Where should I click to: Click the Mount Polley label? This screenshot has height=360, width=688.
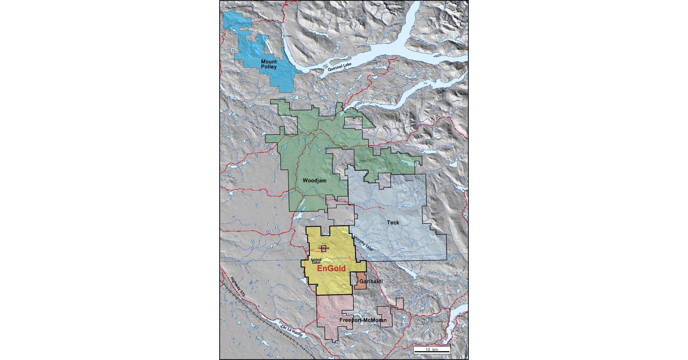coord(269,64)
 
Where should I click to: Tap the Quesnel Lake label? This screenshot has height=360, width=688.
coord(339,67)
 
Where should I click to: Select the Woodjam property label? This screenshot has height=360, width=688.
coord(314,181)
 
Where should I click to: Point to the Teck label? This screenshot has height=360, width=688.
coord(393,222)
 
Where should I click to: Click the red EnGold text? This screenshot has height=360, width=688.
coord(331,269)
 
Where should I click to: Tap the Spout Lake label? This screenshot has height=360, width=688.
coord(316,261)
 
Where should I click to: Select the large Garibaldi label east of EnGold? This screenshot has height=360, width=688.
coord(371,281)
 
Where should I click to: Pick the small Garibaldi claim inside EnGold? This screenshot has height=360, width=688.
coord(324,248)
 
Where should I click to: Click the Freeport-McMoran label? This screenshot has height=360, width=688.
coord(363,320)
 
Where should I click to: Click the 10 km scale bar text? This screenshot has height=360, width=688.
coord(431,349)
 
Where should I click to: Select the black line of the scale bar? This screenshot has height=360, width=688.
coord(431,352)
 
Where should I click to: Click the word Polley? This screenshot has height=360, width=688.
coord(269,67)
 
